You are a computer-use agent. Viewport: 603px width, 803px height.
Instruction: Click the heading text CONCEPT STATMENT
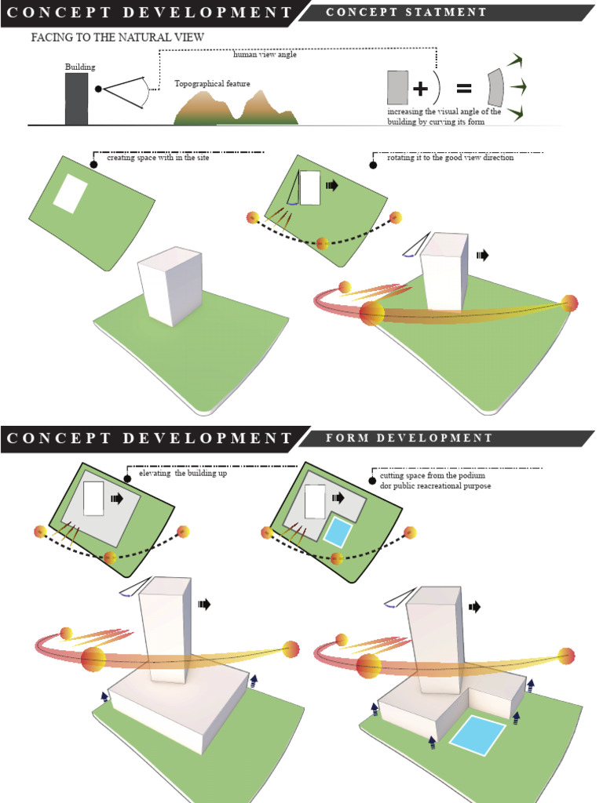[406, 13]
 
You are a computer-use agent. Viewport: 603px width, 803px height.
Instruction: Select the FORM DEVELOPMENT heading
[409, 438]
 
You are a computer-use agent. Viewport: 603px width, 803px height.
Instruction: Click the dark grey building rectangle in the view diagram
[76, 99]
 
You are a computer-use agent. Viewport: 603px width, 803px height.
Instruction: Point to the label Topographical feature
[212, 82]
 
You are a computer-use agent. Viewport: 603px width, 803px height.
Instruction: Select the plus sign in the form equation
[420, 88]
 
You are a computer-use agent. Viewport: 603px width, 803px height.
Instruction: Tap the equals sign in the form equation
[465, 88]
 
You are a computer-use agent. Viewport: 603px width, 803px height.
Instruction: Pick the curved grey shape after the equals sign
[494, 87]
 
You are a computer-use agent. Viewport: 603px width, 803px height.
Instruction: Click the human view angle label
[265, 55]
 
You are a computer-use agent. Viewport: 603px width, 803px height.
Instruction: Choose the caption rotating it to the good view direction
[450, 158]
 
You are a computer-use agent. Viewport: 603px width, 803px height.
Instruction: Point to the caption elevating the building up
[182, 474]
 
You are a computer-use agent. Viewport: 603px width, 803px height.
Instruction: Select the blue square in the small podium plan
[339, 533]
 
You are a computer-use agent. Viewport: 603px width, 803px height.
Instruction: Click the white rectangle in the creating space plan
[70, 194]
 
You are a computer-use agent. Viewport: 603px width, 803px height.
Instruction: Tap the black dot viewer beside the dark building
[98, 89]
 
